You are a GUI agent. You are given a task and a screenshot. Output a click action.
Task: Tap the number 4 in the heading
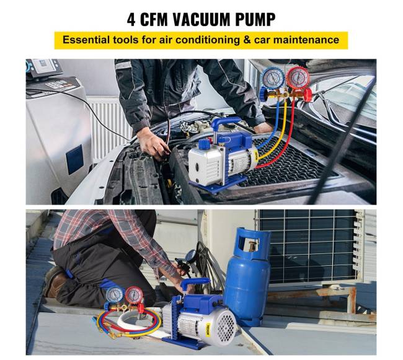131,19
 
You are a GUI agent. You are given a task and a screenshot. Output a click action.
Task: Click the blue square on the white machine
74,159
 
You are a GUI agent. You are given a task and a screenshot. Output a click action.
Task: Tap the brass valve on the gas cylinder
252,247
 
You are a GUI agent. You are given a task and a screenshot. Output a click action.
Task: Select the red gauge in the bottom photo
134,296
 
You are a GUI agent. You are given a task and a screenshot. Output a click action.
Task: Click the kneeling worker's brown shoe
55,281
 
